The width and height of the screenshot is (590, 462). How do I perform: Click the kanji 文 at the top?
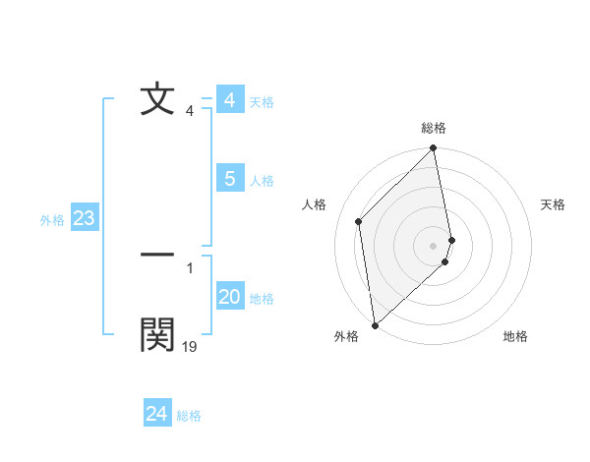tap(157, 100)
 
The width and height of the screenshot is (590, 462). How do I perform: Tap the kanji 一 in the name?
tap(157, 254)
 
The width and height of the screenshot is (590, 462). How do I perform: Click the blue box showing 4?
tap(229, 100)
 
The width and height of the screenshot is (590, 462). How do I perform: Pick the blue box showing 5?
tap(229, 179)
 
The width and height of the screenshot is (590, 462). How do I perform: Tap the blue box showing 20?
tap(230, 297)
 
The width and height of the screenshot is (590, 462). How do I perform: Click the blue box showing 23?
tap(84, 218)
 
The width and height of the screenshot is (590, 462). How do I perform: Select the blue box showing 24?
tap(156, 414)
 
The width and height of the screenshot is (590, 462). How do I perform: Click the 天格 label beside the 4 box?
tap(262, 102)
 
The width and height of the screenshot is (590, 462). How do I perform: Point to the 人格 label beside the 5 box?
tap(262, 181)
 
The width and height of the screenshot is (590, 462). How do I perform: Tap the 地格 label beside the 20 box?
tap(262, 299)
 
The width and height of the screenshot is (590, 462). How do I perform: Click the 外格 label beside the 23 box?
tap(52, 220)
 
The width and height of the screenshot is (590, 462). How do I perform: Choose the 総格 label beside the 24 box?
tap(189, 416)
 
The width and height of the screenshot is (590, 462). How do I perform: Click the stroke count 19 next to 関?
tap(190, 346)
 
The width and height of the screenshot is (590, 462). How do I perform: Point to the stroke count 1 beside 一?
tap(190, 266)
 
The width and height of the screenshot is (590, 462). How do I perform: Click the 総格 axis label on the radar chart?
tap(434, 129)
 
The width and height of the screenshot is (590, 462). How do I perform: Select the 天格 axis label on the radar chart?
tap(554, 204)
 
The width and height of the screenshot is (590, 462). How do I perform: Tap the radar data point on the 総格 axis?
tap(434, 149)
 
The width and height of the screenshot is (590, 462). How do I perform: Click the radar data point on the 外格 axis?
tap(375, 325)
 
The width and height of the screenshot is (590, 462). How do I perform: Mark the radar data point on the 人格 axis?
tap(359, 221)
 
